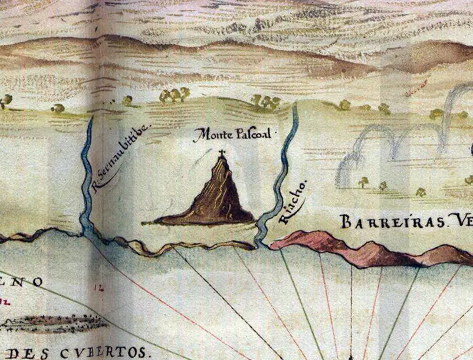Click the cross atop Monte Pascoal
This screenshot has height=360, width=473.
point(222,154)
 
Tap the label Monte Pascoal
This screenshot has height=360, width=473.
point(234,135)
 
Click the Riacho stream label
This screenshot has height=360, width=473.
point(293,207)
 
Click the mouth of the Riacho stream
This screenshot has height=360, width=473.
point(260,243)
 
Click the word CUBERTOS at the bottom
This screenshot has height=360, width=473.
point(109,353)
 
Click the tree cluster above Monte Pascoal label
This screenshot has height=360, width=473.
point(265,102)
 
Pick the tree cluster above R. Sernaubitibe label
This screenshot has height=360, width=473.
point(175,94)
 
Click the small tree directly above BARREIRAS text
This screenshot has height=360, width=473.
point(363,182)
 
